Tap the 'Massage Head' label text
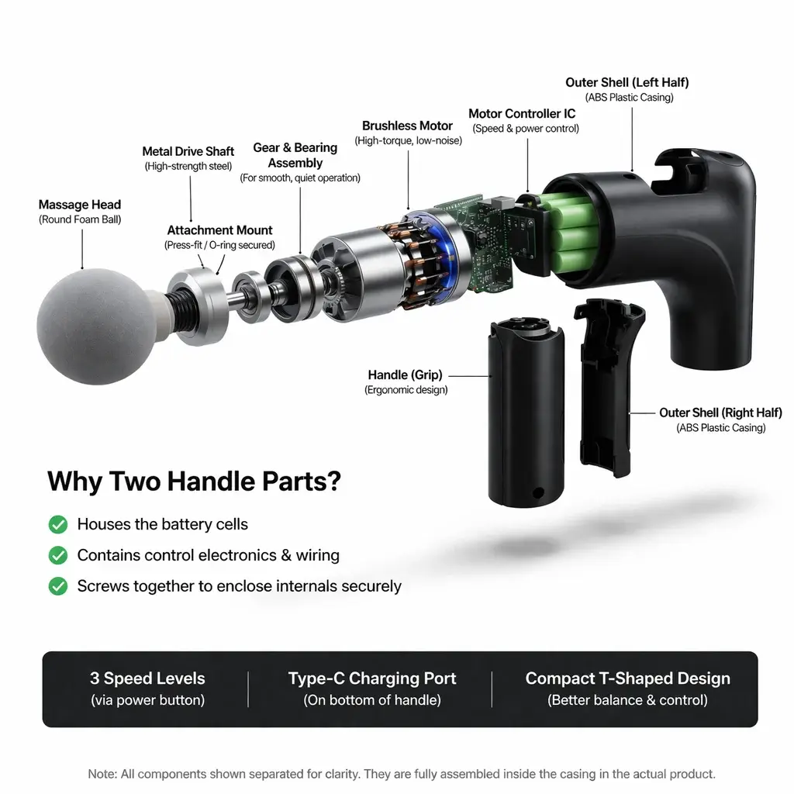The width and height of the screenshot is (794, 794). click(80, 205)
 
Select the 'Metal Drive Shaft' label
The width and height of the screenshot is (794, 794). click(188, 151)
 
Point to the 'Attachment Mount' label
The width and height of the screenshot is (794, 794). click(219, 230)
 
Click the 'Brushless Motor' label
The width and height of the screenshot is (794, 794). click(407, 126)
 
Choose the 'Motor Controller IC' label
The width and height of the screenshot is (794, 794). click(522, 114)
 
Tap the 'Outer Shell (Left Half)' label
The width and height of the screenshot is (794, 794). click(627, 82)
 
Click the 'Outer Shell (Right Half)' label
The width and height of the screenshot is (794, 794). click(720, 413)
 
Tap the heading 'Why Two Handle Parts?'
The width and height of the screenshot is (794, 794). click(194, 482)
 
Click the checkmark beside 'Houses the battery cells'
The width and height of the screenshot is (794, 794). click(58, 525)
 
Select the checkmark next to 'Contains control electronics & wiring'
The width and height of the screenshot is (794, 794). click(58, 555)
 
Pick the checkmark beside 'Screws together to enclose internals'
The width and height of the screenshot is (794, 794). click(58, 586)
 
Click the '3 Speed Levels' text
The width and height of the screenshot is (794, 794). click(147, 678)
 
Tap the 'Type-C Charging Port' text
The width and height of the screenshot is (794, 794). click(372, 678)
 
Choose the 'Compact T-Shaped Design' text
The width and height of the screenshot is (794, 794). click(627, 678)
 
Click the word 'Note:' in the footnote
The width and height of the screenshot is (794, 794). click(102, 774)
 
